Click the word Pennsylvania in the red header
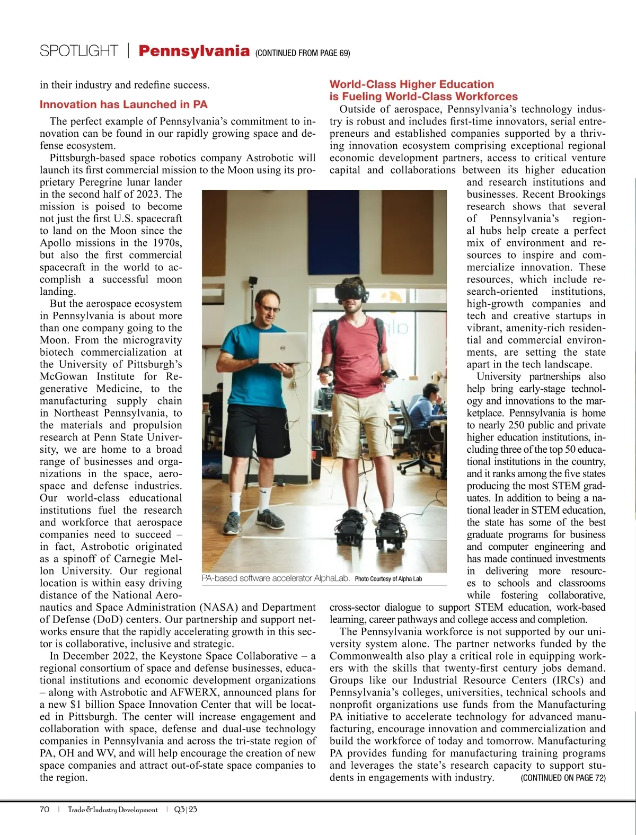click(x=193, y=51)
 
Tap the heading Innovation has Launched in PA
click(x=123, y=104)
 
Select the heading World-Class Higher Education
click(x=411, y=84)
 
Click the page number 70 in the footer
click(x=45, y=810)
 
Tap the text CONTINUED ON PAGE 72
click(x=563, y=778)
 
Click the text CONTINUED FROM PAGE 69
click(x=303, y=53)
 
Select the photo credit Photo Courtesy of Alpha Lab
click(x=388, y=579)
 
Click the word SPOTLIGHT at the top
click(x=78, y=51)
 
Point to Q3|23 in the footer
click(x=185, y=810)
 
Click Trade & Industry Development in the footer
click(x=112, y=810)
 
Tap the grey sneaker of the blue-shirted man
click(x=232, y=523)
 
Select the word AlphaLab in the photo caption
click(x=331, y=578)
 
